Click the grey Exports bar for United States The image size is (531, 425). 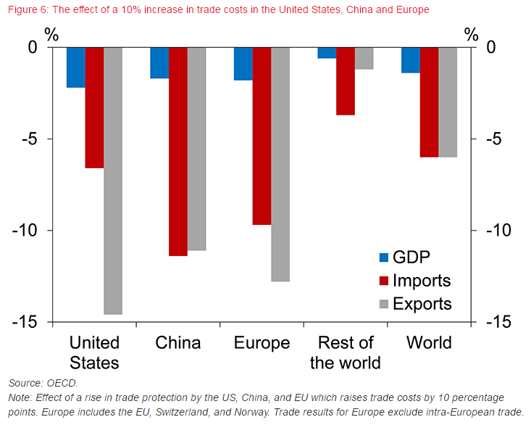click(x=113, y=181)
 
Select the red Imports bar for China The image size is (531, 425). click(x=178, y=152)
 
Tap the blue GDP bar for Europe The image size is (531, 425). click(x=243, y=64)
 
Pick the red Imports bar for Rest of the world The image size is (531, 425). click(x=346, y=81)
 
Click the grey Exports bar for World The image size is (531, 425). click(x=448, y=102)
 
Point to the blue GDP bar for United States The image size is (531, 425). click(x=75, y=67)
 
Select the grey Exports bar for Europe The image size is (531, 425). click(x=280, y=165)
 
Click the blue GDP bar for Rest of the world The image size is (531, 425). click(x=327, y=53)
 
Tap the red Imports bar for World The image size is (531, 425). click(x=429, y=102)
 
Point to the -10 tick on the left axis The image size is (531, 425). click(x=24, y=231)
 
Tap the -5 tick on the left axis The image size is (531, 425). click(x=28, y=139)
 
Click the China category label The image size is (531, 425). click(x=178, y=343)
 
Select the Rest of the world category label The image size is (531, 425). click(x=346, y=352)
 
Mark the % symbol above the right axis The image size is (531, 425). click(x=472, y=33)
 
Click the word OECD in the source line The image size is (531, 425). click(x=62, y=382)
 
